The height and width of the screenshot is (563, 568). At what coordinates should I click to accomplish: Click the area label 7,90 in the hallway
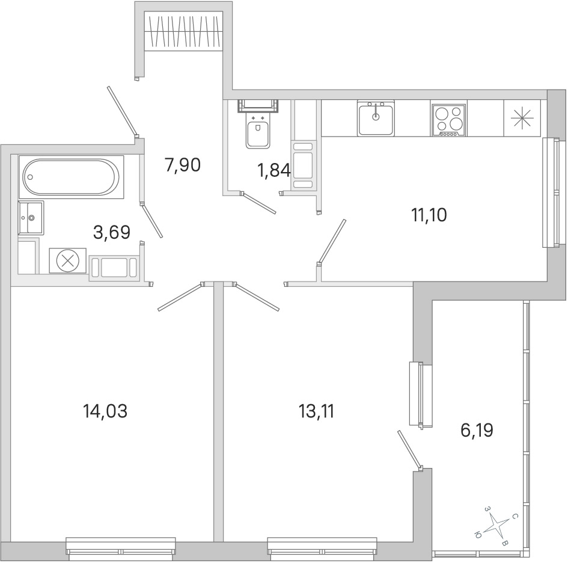(183, 165)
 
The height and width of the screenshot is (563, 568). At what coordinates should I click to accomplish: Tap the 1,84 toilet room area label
(274, 170)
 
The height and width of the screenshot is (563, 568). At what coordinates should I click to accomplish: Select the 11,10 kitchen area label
(429, 215)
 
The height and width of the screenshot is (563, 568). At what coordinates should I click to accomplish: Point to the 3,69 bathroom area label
(112, 232)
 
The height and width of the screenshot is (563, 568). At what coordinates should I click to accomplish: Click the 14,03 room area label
(105, 411)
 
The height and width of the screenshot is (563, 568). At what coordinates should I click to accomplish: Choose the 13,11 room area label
(317, 411)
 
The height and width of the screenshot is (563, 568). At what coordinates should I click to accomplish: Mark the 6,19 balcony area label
(477, 431)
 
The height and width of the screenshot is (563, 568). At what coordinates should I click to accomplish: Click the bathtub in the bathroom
(71, 177)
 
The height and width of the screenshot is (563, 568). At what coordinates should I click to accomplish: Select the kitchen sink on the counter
(376, 118)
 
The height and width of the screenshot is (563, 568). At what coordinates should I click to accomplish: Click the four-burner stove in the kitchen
(449, 118)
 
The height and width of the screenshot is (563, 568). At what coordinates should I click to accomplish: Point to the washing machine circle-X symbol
(68, 261)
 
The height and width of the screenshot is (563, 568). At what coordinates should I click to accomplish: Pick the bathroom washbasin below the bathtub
(31, 218)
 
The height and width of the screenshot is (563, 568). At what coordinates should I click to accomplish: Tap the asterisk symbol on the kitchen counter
(522, 118)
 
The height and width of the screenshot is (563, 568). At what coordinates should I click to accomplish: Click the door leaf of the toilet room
(260, 203)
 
